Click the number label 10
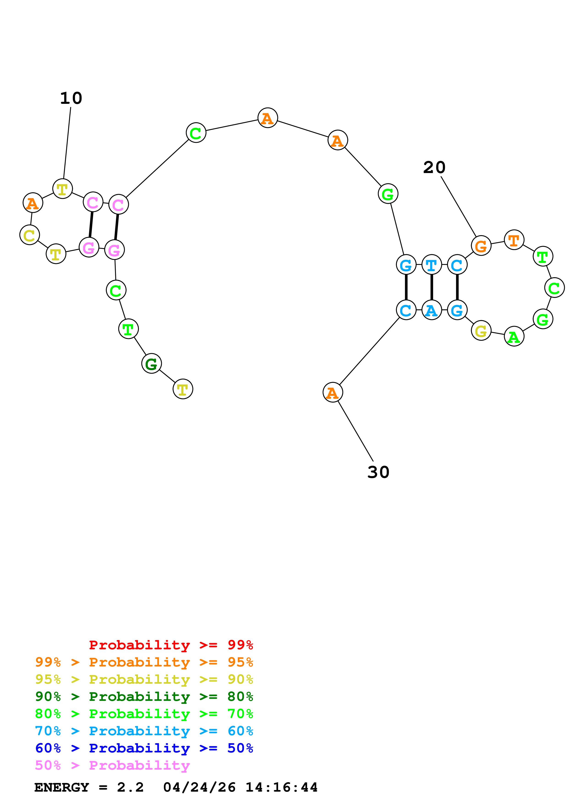71,98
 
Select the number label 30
378,472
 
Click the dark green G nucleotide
151,364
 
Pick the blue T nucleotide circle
431,265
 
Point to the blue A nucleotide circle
431,310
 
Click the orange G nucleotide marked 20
481,246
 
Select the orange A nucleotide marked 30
332,393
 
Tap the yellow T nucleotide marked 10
62,189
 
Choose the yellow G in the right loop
481,330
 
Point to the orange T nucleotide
514,240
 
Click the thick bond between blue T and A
431,287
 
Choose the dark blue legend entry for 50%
144,748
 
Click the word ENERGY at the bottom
62,787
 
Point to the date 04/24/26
199,787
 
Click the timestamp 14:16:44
281,787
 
